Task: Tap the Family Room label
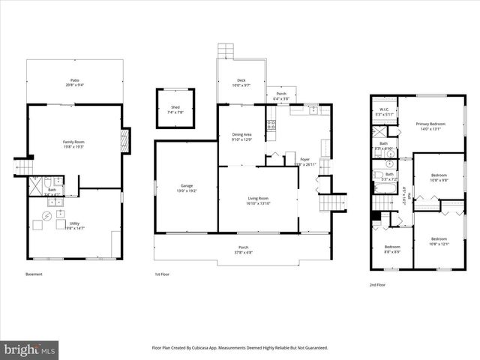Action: (73, 142)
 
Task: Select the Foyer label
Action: (305, 160)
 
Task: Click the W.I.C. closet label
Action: (383, 110)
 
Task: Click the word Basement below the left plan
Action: (34, 274)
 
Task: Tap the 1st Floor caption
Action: (162, 274)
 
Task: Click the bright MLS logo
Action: (29, 350)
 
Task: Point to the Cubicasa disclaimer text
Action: (239, 348)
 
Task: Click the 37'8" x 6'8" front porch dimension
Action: (243, 253)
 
